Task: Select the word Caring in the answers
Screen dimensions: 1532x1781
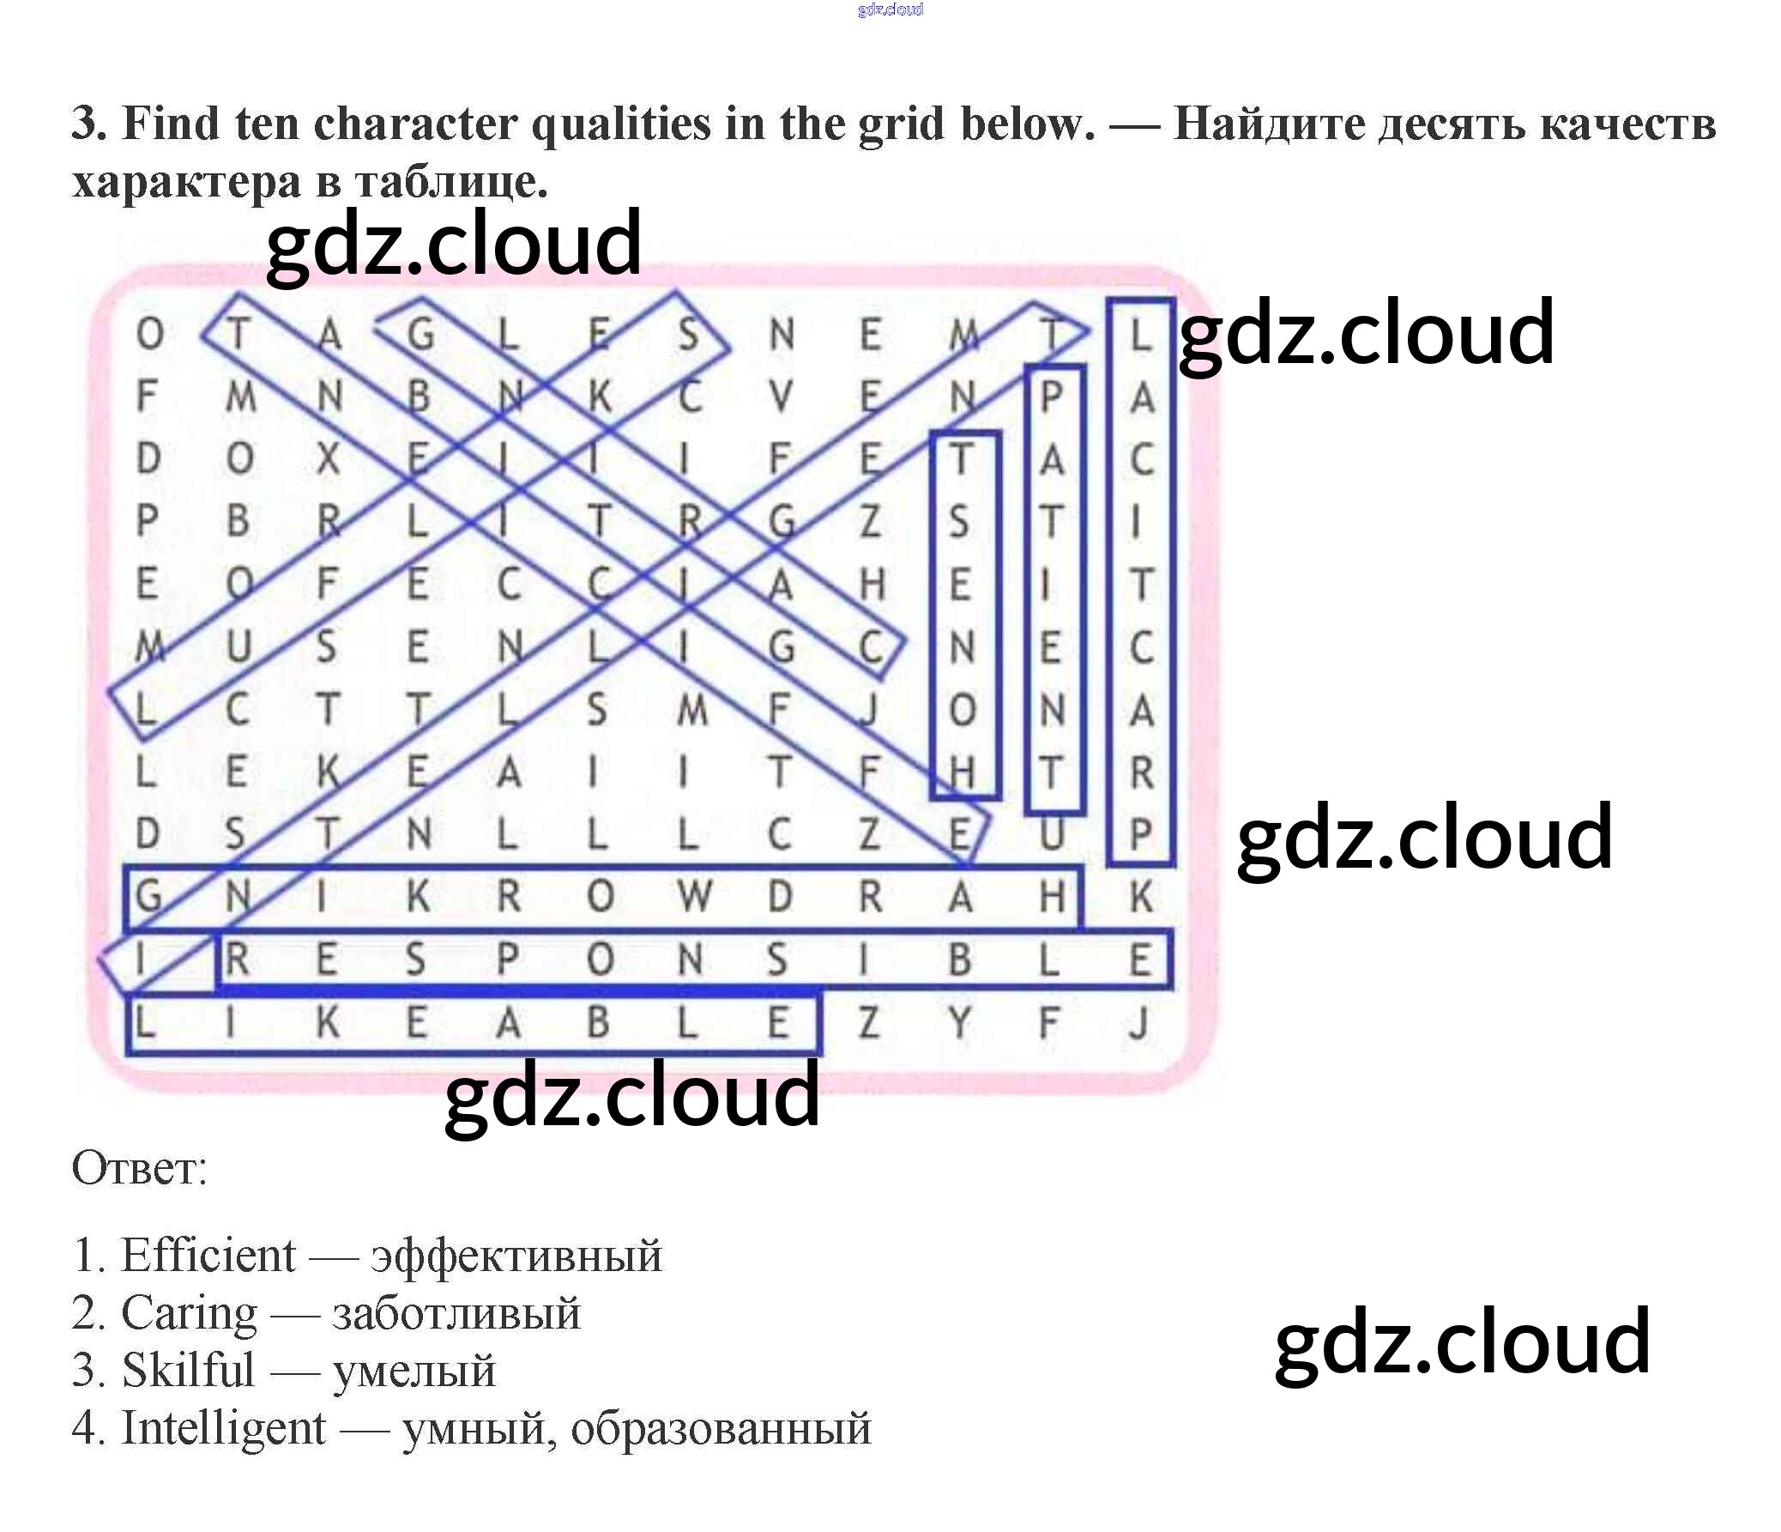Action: tap(188, 1313)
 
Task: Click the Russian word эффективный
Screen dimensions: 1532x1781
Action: tap(516, 1256)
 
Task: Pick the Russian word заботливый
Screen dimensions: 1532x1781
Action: tap(456, 1315)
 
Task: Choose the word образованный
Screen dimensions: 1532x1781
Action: tap(721, 1429)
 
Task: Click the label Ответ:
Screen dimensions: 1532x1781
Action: tap(139, 1168)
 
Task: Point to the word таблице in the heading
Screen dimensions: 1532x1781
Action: tap(450, 182)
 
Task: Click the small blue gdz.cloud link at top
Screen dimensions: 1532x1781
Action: tap(890, 9)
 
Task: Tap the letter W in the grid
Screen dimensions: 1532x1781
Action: tap(694, 897)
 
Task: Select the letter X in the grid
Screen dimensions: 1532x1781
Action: tap(328, 459)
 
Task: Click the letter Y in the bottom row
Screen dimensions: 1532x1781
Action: tap(959, 1023)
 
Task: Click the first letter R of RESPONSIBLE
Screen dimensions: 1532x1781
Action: tap(238, 960)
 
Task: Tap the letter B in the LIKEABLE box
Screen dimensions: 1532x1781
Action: tap(598, 1023)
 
